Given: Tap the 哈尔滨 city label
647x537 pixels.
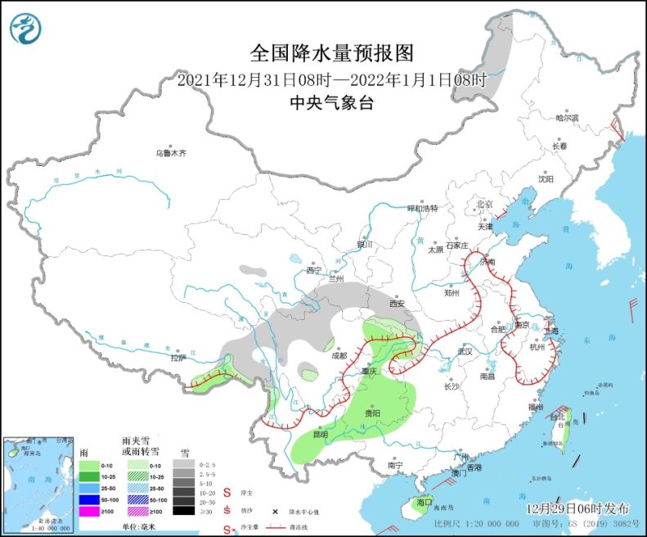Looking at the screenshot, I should (567, 118).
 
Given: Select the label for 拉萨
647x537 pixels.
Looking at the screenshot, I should (177, 358).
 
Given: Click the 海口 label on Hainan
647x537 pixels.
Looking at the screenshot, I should (423, 501).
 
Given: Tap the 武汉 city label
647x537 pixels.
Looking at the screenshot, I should (465, 350).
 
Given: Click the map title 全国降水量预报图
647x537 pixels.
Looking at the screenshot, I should (331, 54).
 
